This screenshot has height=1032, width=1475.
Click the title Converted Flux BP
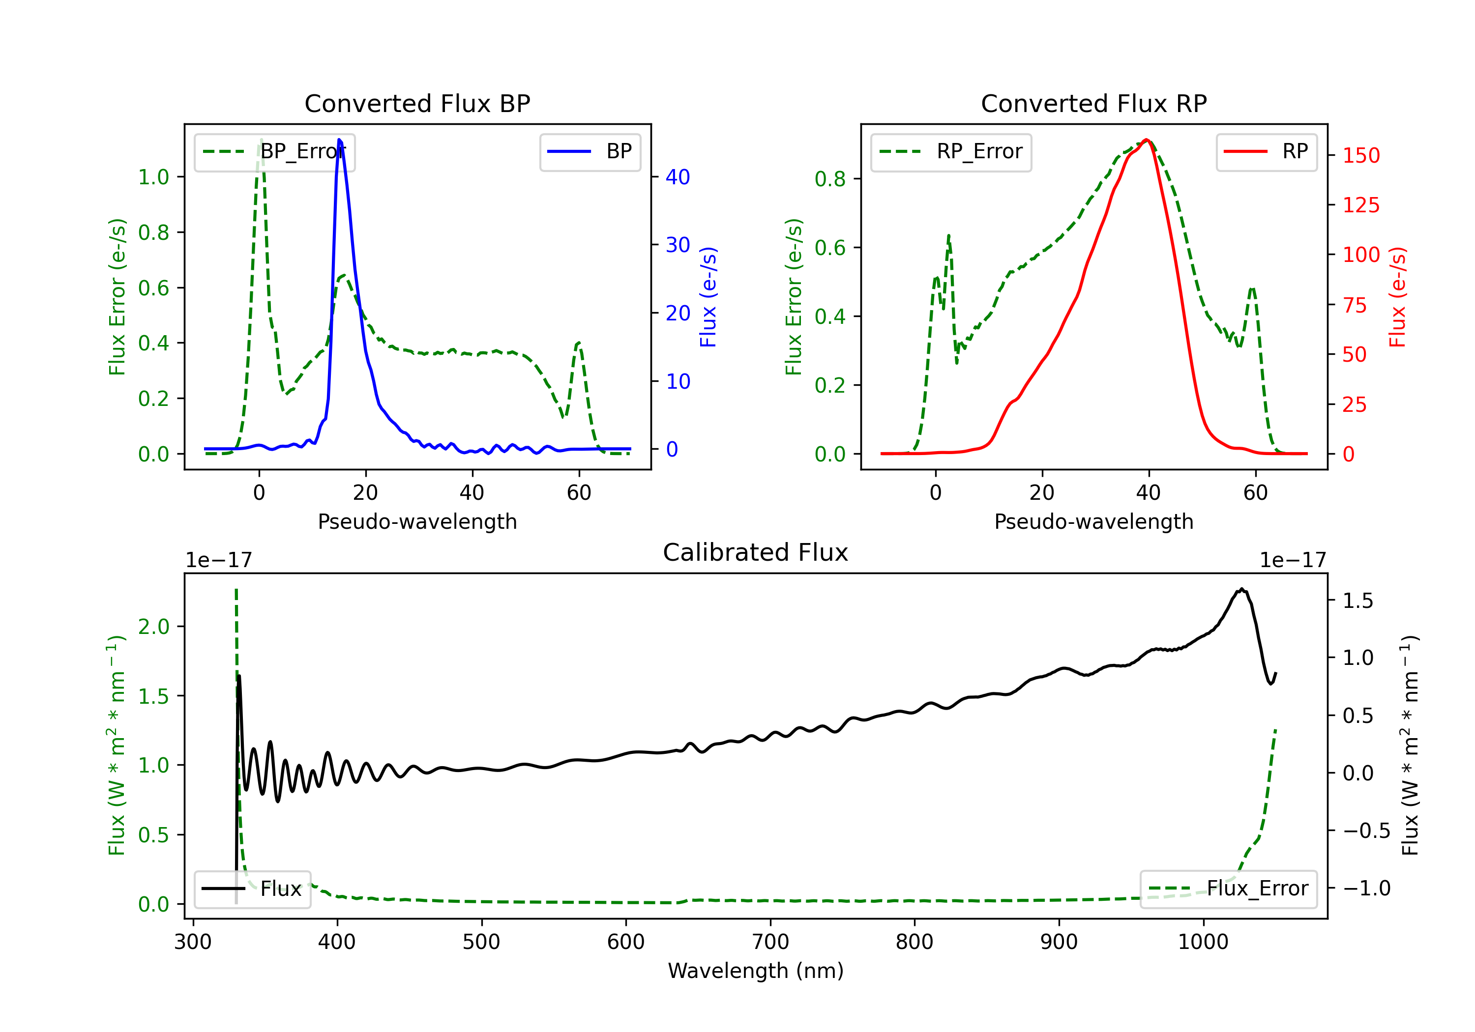pyautogui.click(x=417, y=103)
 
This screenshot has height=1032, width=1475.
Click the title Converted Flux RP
pyautogui.click(x=1093, y=103)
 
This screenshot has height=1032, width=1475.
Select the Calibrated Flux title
pyautogui.click(x=756, y=552)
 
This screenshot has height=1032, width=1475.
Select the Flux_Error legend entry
pyautogui.click(x=1228, y=889)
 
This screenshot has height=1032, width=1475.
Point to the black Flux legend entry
pyautogui.click(x=252, y=889)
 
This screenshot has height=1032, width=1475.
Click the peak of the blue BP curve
pyautogui.click(x=339, y=140)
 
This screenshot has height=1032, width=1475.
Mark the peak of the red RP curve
pyautogui.click(x=1147, y=140)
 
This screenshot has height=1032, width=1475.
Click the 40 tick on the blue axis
pyautogui.click(x=678, y=177)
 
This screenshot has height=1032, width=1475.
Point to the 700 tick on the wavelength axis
pyautogui.click(x=770, y=942)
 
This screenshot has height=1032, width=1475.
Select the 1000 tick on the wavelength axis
pyautogui.click(x=1203, y=942)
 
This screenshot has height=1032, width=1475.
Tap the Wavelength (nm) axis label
pyautogui.click(x=756, y=971)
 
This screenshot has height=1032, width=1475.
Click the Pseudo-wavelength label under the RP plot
pyautogui.click(x=1093, y=521)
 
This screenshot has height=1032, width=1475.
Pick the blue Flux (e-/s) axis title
pyautogui.click(x=708, y=297)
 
